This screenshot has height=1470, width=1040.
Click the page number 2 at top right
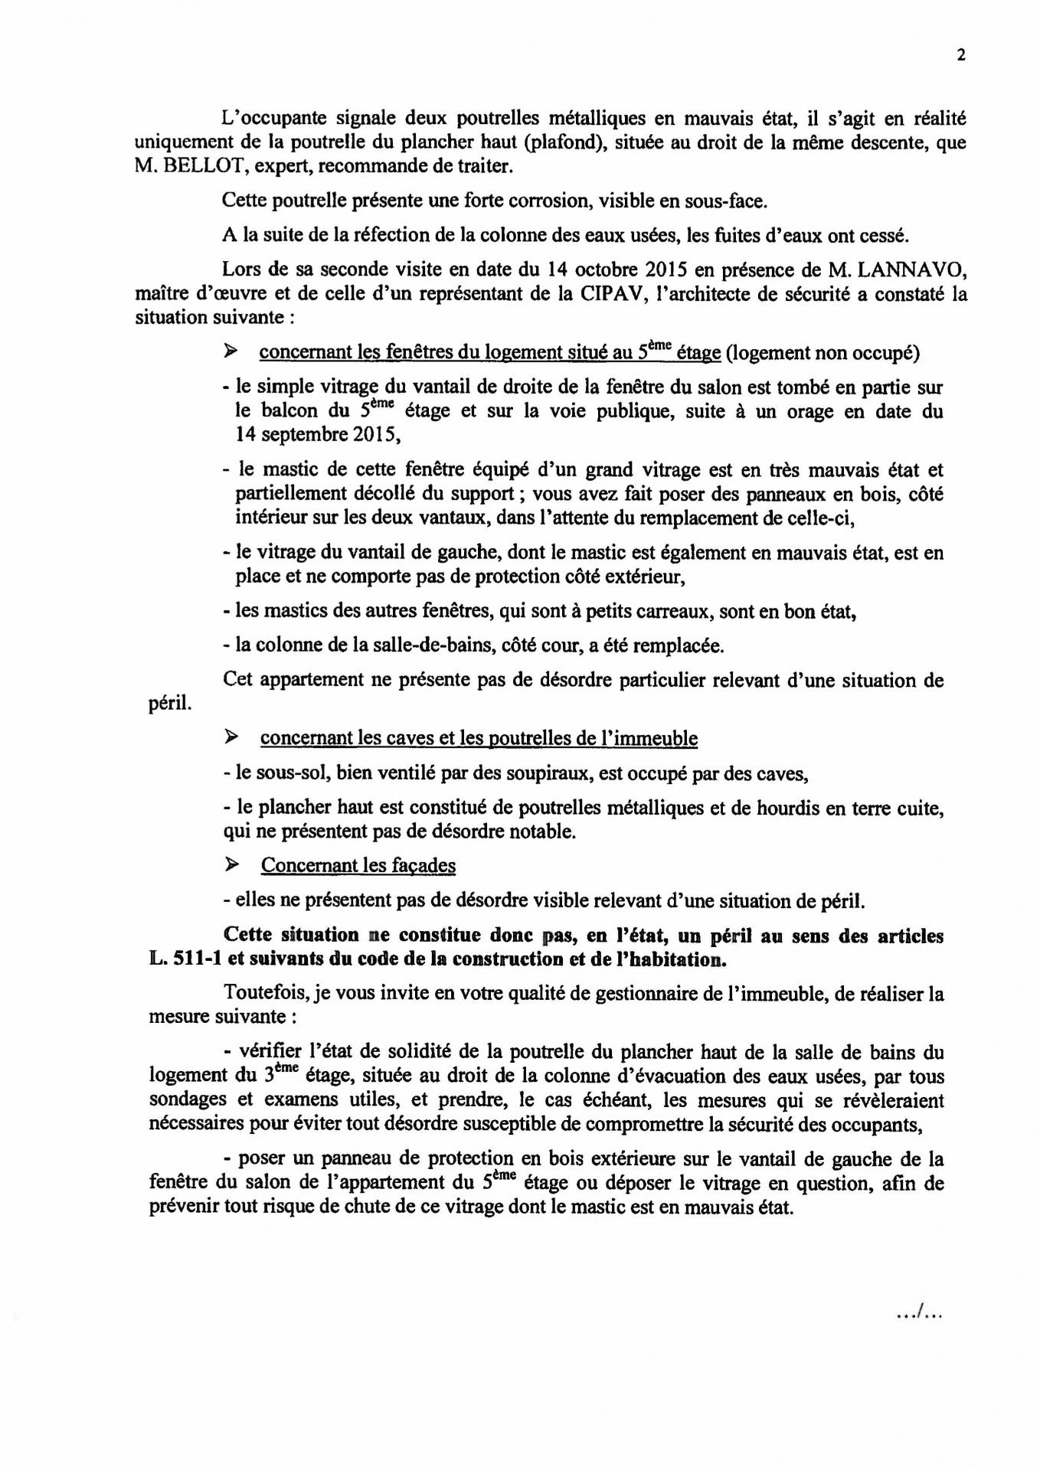[960, 54]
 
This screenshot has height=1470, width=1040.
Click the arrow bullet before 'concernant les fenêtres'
[229, 351]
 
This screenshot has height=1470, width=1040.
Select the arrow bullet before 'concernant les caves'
[229, 737]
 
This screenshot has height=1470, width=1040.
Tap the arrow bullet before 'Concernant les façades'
[229, 864]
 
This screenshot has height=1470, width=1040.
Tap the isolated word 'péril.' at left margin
[170, 704]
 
